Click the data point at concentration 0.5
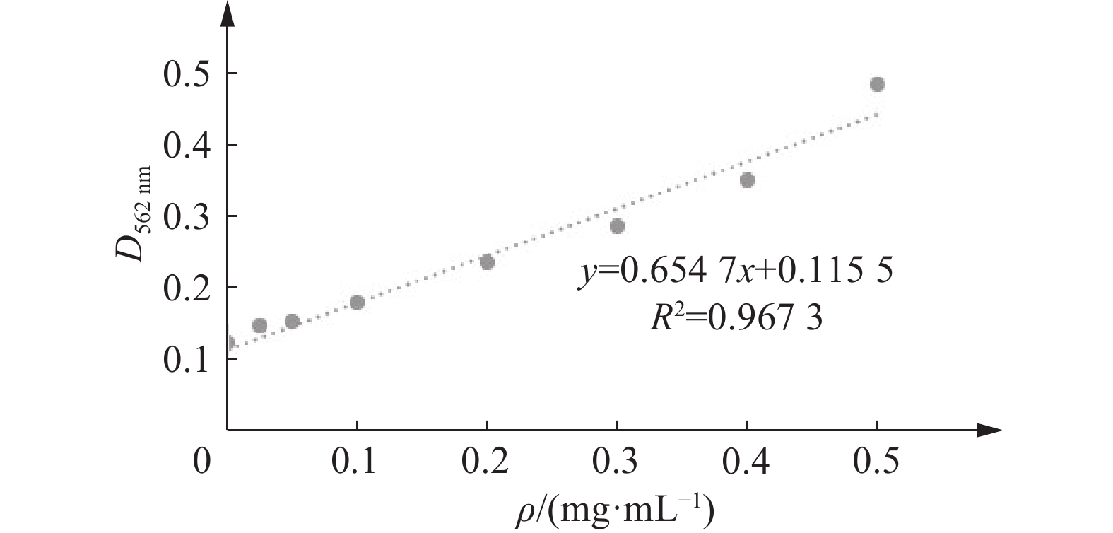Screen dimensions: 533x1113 [x=877, y=85]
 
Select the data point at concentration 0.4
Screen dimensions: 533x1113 [x=747, y=180]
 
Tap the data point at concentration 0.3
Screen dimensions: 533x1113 [x=617, y=226]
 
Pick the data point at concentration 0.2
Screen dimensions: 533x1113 [x=487, y=262]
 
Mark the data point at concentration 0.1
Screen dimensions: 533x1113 [x=357, y=303]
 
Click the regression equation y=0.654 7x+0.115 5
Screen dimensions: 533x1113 [x=736, y=272]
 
